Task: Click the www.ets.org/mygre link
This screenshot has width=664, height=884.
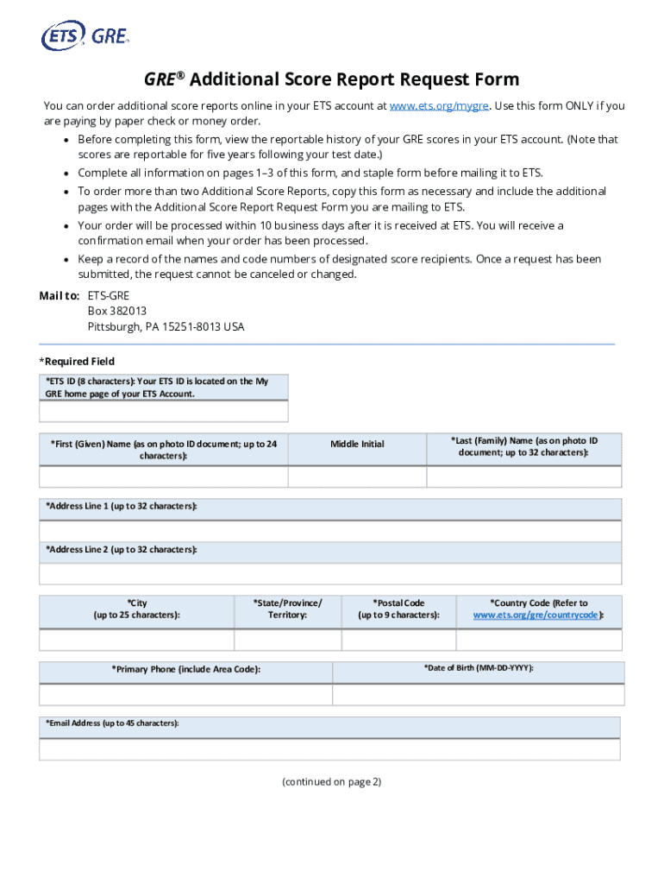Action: click(x=439, y=106)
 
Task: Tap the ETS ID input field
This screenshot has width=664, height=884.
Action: click(x=164, y=412)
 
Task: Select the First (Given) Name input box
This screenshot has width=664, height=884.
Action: click(x=164, y=477)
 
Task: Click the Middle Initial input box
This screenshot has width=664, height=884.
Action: click(x=357, y=477)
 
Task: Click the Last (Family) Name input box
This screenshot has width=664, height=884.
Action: click(x=523, y=477)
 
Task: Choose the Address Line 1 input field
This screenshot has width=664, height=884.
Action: click(x=330, y=532)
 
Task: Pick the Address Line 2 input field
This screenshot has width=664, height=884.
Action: click(x=330, y=574)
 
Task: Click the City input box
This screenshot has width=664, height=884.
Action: click(x=136, y=640)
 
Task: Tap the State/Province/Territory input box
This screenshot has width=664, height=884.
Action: click(x=287, y=640)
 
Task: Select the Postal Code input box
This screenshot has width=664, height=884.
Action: click(x=398, y=640)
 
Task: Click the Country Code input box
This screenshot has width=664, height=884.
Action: click(x=538, y=640)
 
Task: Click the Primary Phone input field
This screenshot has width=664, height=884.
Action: click(x=185, y=695)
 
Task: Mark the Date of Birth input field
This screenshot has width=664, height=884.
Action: click(x=478, y=695)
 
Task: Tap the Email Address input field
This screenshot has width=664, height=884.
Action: click(x=330, y=749)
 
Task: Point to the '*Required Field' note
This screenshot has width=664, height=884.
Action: click(x=77, y=362)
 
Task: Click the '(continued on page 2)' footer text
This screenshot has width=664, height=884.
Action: click(x=331, y=782)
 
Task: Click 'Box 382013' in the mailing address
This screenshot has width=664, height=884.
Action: click(x=117, y=311)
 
